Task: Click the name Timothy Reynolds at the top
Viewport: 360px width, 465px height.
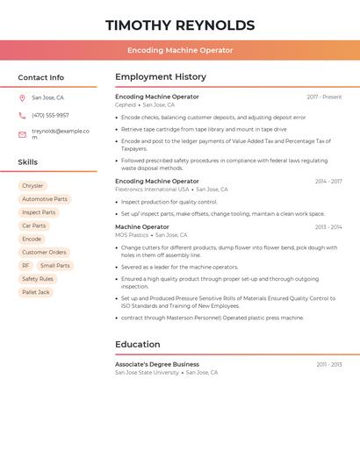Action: point(180,25)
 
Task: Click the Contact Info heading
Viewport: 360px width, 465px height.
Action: point(40,77)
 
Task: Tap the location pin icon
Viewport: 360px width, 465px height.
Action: point(22,97)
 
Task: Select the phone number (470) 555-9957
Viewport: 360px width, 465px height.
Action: point(50,115)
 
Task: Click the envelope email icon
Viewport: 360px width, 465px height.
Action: point(22,134)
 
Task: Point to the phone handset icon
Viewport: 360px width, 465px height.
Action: point(22,115)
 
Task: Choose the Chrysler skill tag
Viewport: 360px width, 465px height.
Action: point(32,186)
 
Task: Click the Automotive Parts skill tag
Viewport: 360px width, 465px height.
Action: point(45,199)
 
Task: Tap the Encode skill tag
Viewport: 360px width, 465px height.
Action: point(32,239)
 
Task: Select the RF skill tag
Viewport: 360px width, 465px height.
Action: point(26,265)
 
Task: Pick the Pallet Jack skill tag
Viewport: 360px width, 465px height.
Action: point(36,292)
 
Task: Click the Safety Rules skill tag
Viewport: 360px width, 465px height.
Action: point(38,279)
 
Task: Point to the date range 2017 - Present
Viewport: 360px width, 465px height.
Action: point(324,97)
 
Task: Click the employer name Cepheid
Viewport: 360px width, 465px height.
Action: point(126,104)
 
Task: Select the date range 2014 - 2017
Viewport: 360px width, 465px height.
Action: point(328,181)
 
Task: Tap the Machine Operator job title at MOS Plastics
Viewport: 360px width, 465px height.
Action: point(142,226)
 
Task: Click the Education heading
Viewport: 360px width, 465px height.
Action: point(138,344)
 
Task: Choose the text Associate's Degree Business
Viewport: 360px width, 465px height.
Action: point(157,363)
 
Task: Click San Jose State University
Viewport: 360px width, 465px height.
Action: point(147,372)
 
